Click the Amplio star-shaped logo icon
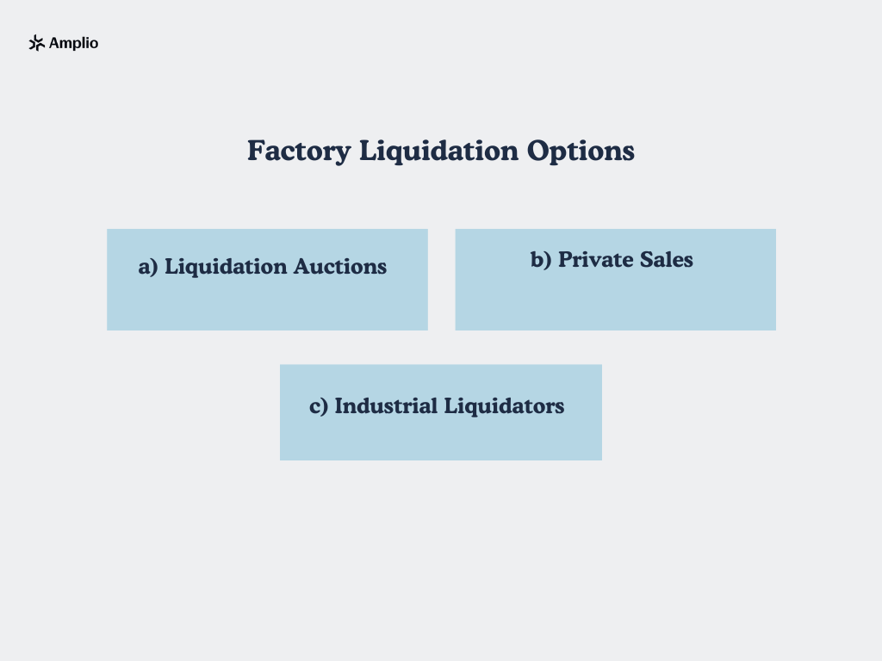pyautogui.click(x=36, y=43)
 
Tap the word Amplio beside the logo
pyautogui.click(x=74, y=43)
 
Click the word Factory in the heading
pyautogui.click(x=298, y=151)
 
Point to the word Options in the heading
pyautogui.click(x=581, y=151)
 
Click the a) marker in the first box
pyautogui.click(x=148, y=267)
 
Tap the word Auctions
pyautogui.click(x=340, y=267)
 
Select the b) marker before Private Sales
pyautogui.click(x=541, y=260)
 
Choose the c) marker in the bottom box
pyautogui.click(x=319, y=406)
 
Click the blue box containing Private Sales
pyautogui.click(x=615, y=301)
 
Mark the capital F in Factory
pyautogui.click(x=256, y=151)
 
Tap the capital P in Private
pyautogui.click(x=565, y=260)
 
